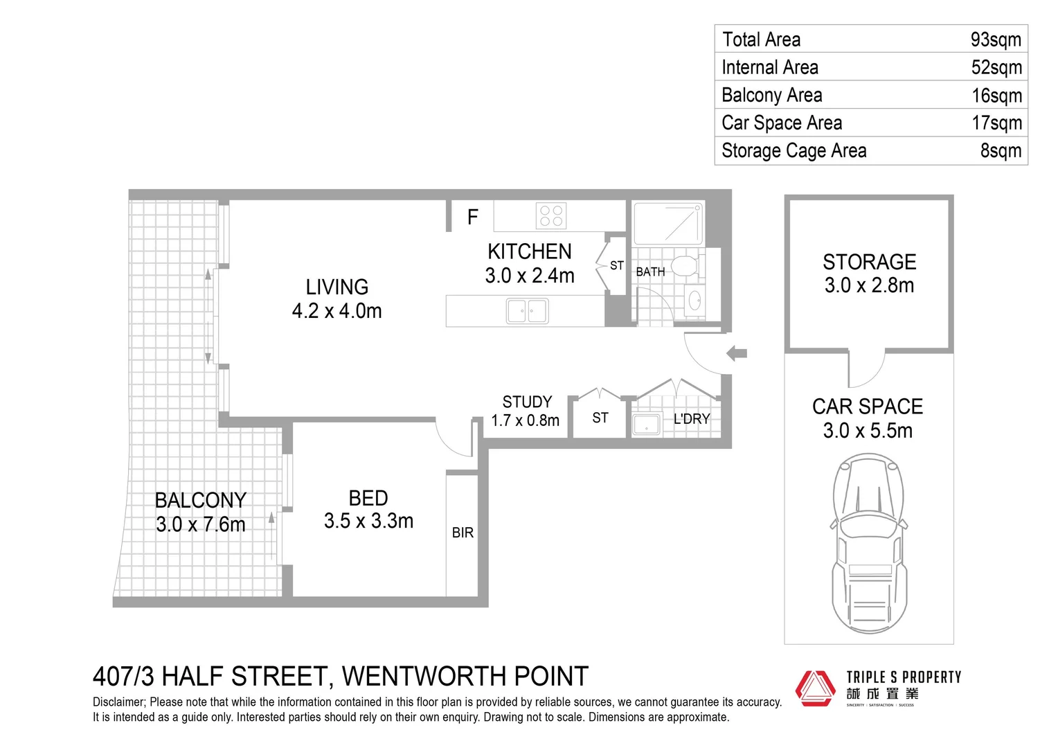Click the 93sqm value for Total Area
[x=995, y=39]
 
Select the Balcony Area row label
[x=771, y=95]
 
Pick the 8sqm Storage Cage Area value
[x=1000, y=150]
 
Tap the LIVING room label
[x=337, y=287]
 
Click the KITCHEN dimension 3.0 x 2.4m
[x=529, y=276]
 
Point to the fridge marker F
[x=472, y=217]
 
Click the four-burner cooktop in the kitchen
[x=550, y=215]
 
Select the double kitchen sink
[x=527, y=311]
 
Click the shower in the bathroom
[x=668, y=223]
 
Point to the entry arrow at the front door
[x=736, y=353]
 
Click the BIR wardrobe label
[x=463, y=533]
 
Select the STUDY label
[x=527, y=402]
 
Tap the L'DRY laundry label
[x=691, y=419]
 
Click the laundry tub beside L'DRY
[x=646, y=425]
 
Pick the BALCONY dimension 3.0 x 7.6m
[x=200, y=524]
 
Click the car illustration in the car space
[x=868, y=543]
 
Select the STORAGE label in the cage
[x=869, y=262]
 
